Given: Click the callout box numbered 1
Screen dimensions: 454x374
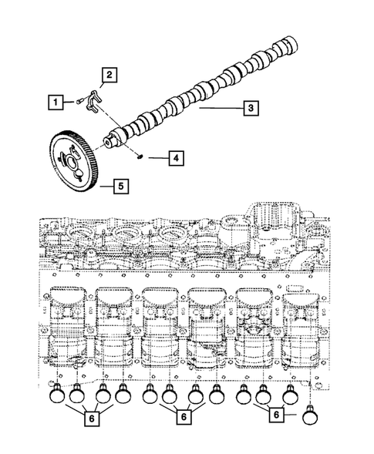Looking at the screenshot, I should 55,101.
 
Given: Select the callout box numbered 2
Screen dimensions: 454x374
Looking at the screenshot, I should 110,75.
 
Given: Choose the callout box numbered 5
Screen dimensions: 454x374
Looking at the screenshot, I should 120,186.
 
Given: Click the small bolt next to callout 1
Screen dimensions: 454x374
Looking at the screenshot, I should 81,101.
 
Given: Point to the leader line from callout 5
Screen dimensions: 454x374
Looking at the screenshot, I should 100,186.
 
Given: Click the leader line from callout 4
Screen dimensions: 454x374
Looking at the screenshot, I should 157,158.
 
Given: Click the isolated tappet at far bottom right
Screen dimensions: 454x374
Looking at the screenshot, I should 310,415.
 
